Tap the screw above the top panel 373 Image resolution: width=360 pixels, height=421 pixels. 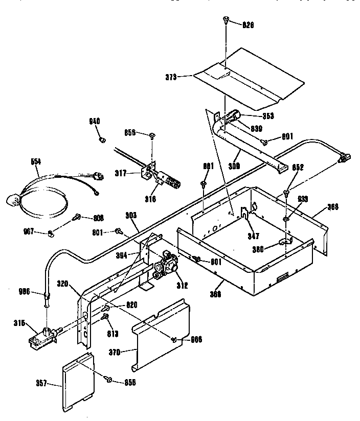tap(224, 20)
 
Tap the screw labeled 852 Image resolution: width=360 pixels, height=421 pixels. tap(286, 193)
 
